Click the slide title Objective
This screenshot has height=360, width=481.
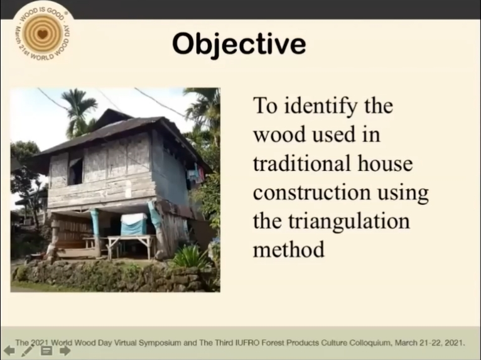[239, 44]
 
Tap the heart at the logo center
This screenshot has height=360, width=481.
[43, 33]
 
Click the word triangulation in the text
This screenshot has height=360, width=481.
[349, 222]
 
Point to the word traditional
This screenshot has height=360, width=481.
[302, 163]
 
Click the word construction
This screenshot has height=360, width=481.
[311, 192]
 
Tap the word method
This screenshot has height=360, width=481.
[289, 249]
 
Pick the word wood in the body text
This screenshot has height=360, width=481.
[279, 134]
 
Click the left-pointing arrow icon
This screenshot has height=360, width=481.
[9, 351]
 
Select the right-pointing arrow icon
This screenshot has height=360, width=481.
[65, 351]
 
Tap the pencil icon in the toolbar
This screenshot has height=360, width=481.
[27, 351]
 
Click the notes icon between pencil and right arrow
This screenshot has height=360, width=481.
[46, 351]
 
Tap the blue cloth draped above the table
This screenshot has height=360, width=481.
[134, 224]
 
